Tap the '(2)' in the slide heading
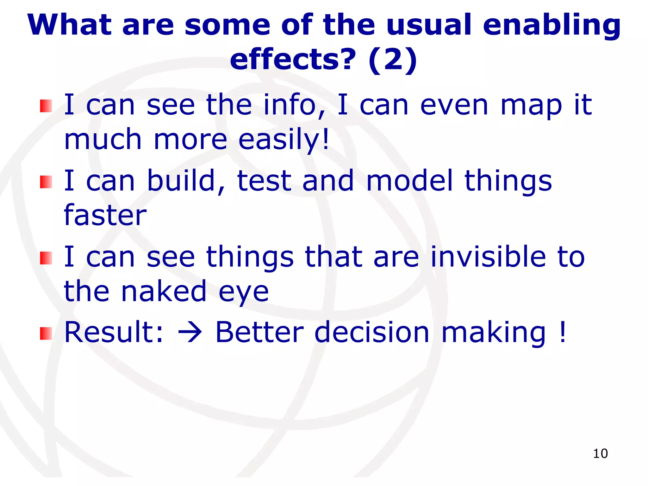pyautogui.click(x=393, y=60)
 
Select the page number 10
pyautogui.click(x=600, y=453)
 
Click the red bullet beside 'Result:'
pyautogui.click(x=46, y=333)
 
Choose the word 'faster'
pyautogui.click(x=105, y=215)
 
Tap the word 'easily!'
pyautogui.click(x=284, y=140)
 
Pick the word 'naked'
pyautogui.click(x=164, y=291)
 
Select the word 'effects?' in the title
pyautogui.click(x=293, y=60)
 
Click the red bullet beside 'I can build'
pyautogui.click(x=46, y=182)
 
